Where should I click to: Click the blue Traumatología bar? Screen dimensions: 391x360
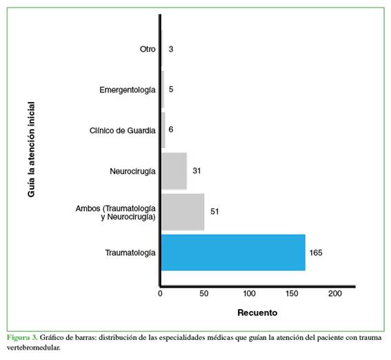[233, 252]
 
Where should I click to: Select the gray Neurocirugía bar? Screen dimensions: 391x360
[174, 171]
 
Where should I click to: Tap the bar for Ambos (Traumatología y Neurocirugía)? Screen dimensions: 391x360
[183, 212]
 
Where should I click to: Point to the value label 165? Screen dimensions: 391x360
[316, 253]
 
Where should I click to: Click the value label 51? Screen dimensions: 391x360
[214, 212]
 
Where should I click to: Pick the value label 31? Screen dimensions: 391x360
[197, 171]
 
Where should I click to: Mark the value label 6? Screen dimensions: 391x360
[171, 130]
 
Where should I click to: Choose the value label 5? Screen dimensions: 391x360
[171, 89]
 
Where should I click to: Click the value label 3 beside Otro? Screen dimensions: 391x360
[171, 49]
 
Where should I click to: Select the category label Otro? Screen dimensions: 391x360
[148, 49]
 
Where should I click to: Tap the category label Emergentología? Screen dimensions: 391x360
[128, 90]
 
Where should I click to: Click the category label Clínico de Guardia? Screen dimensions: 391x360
[123, 130]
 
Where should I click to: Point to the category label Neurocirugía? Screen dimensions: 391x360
[132, 172]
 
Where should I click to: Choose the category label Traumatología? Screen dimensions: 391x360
[130, 253]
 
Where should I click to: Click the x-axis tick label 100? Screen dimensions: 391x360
[250, 294]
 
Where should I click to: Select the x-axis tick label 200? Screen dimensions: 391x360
[335, 294]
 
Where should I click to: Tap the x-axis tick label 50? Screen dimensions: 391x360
[204, 294]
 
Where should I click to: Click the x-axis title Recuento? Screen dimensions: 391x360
[257, 312]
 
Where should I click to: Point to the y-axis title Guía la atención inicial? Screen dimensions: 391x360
[31, 150]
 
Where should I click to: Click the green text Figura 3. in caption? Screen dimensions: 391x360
[22, 338]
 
